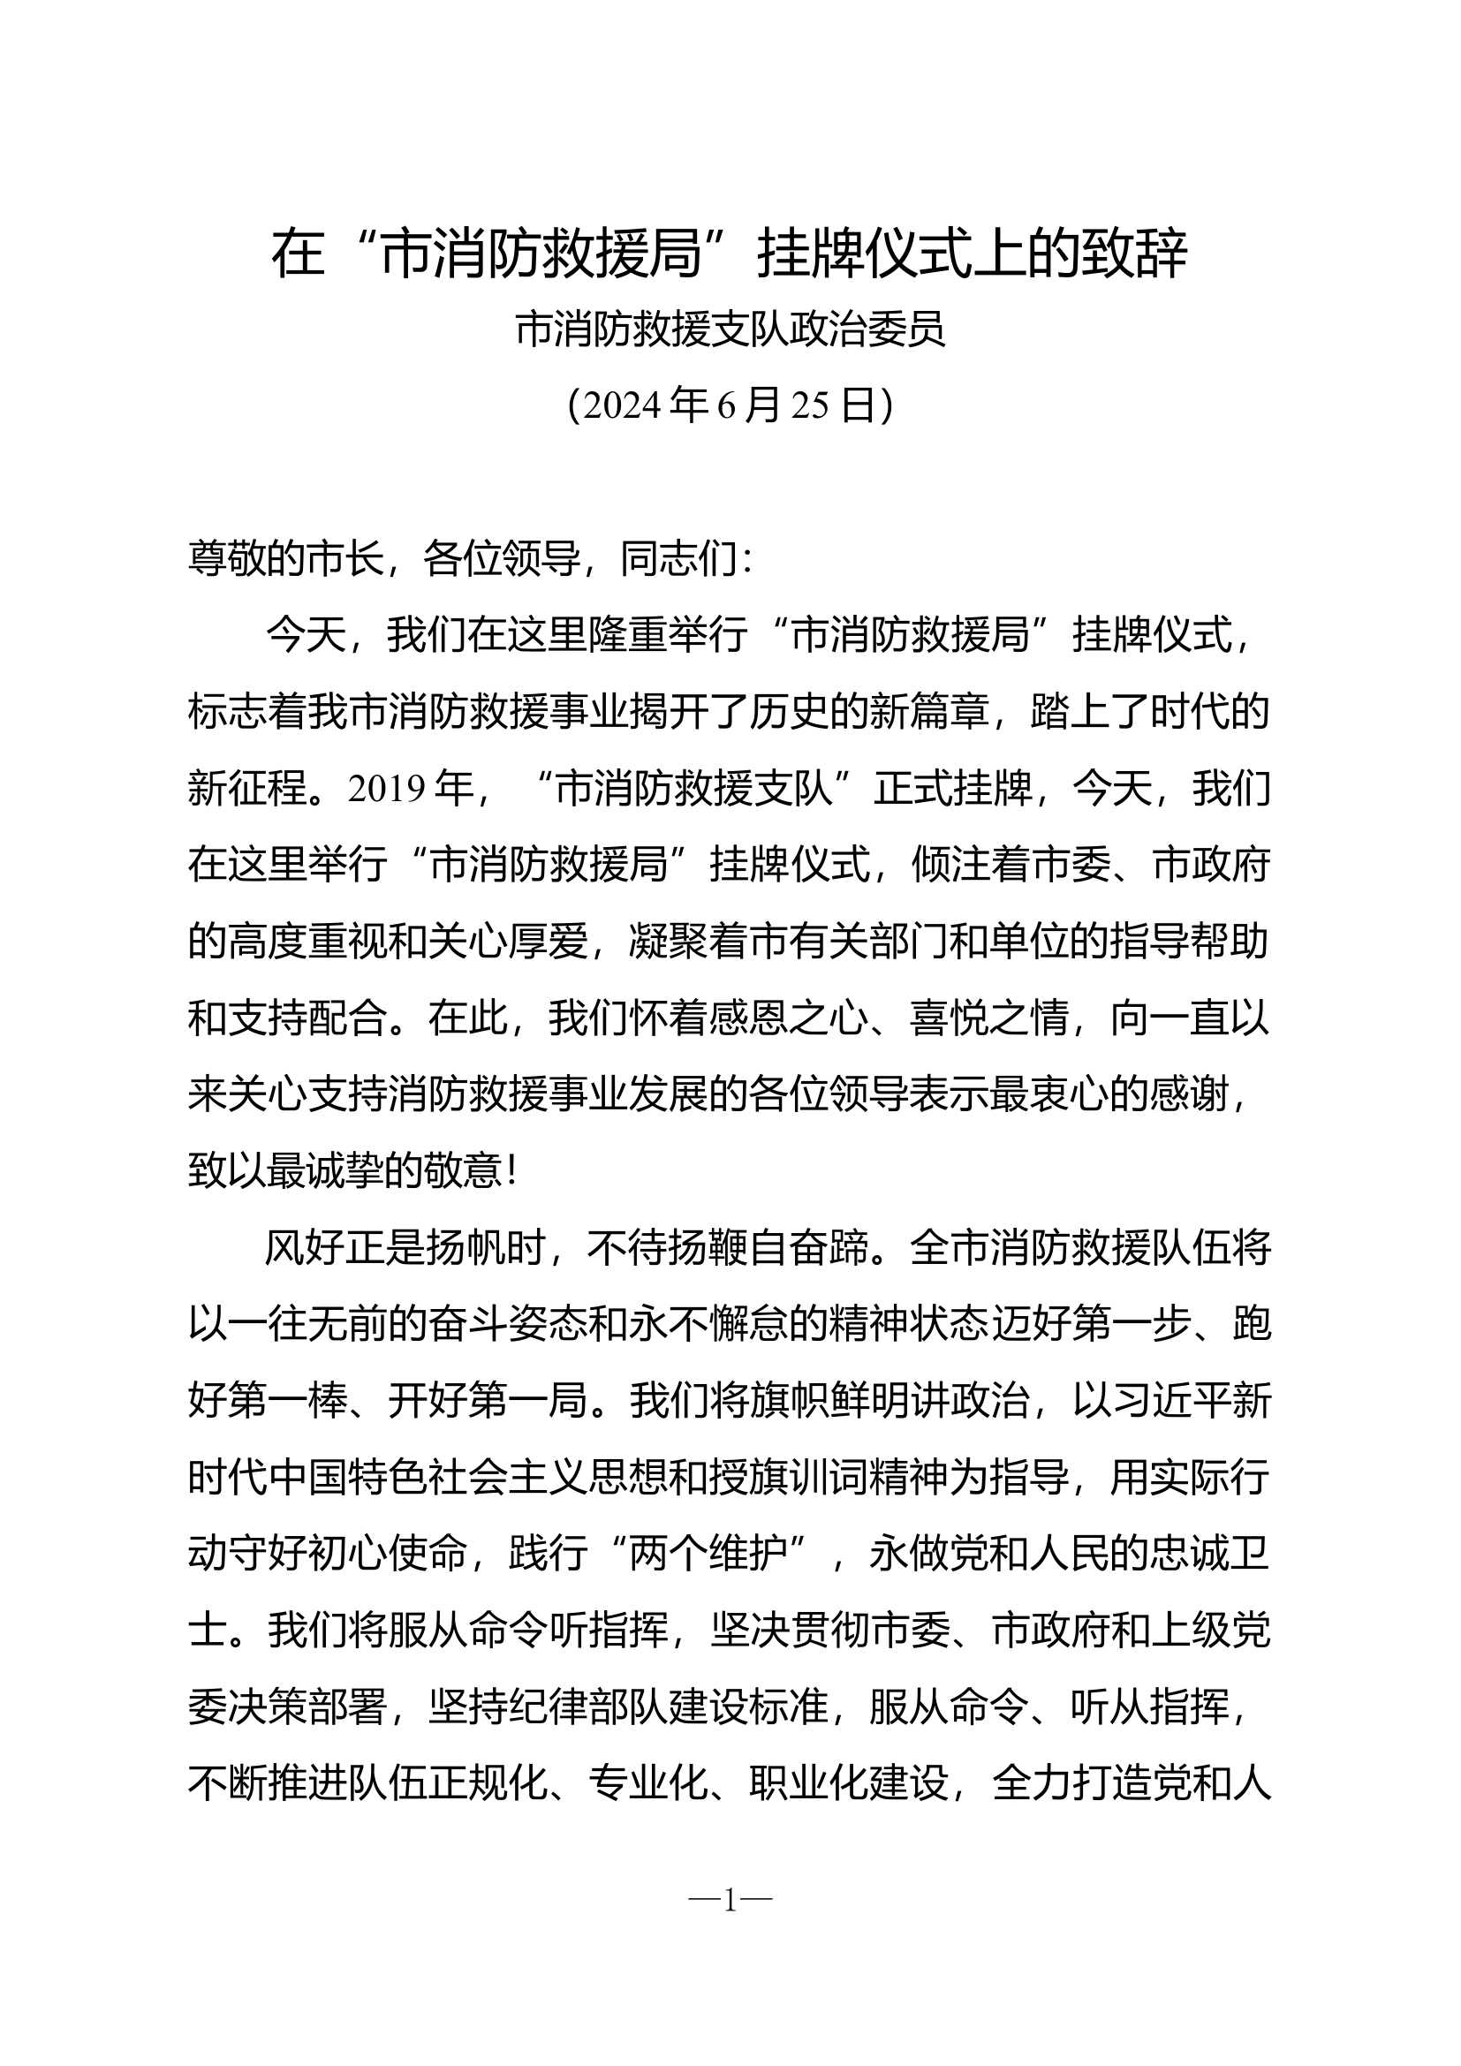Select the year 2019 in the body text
[387, 790]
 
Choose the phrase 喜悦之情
[988, 1019]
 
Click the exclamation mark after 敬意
[513, 1172]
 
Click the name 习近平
[1170, 1402]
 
